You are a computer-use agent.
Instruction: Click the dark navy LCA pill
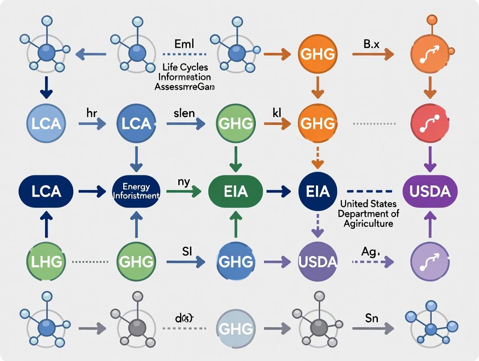46,191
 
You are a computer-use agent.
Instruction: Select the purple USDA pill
430,191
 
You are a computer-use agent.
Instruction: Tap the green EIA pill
236,191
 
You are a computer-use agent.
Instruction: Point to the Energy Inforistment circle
136,191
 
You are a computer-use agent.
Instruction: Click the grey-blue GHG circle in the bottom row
236,328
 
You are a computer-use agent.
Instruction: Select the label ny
184,182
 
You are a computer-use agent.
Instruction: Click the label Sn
371,318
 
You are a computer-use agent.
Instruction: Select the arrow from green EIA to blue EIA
279,191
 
